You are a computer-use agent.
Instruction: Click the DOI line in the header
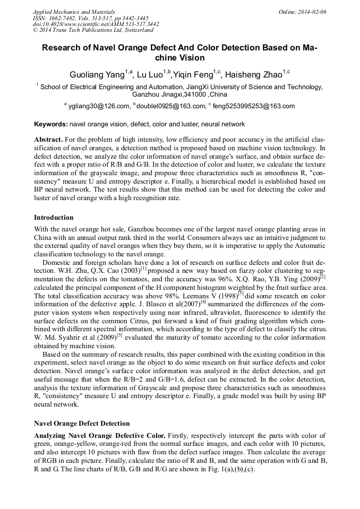[96, 24]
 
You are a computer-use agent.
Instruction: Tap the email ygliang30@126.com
[98, 106]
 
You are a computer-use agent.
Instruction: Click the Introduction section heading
[54, 218]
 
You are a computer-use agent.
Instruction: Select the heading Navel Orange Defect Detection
[82, 423]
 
